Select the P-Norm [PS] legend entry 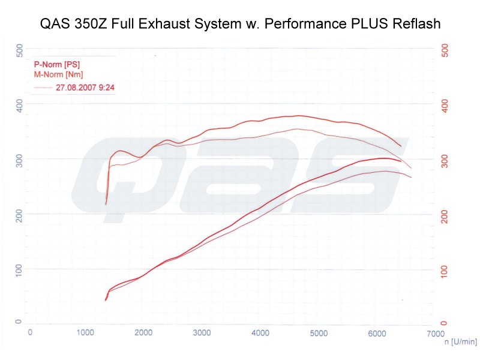coord(57,64)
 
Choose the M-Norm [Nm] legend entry coord(58,74)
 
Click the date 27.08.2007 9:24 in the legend coord(85,87)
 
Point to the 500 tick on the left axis coord(20,52)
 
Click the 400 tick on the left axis coord(20,106)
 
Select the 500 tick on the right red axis coord(445,51)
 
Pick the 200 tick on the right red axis coord(445,218)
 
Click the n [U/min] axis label coord(461,341)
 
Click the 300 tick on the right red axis coord(445,161)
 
